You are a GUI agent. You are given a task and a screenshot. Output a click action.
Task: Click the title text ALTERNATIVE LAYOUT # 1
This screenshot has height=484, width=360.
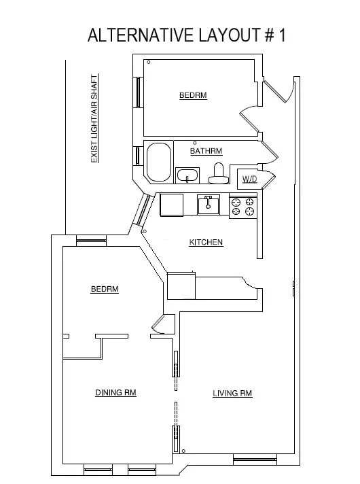[187, 35]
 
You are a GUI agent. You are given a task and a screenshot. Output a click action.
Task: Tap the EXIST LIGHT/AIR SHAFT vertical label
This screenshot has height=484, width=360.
[94, 118]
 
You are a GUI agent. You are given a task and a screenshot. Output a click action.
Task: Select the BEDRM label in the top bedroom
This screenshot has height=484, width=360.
[193, 96]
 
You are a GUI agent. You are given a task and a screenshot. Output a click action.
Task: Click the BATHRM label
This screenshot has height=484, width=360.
[206, 151]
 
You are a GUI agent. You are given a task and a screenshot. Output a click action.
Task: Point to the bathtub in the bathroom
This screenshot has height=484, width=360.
[160, 162]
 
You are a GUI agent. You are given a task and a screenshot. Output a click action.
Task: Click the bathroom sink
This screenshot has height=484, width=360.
[187, 176]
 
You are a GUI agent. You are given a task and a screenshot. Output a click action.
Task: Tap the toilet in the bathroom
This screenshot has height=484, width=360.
[218, 174]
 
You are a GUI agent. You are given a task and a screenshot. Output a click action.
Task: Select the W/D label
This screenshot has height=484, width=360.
[249, 179]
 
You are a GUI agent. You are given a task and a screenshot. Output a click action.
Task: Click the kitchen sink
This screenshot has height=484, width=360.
[208, 204]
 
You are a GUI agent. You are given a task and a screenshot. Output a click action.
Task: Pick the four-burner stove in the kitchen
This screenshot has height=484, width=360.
[242, 206]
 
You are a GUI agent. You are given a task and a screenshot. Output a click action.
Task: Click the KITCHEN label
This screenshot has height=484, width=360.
[206, 242]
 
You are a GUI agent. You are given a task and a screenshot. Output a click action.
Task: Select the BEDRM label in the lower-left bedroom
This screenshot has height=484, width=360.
[105, 289]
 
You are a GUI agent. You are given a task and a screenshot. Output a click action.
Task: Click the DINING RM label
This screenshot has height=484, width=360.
[115, 392]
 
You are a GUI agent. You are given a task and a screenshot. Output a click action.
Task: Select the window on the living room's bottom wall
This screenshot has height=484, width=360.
[255, 460]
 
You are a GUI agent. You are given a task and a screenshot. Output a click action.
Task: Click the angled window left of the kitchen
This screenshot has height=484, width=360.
[143, 210]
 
